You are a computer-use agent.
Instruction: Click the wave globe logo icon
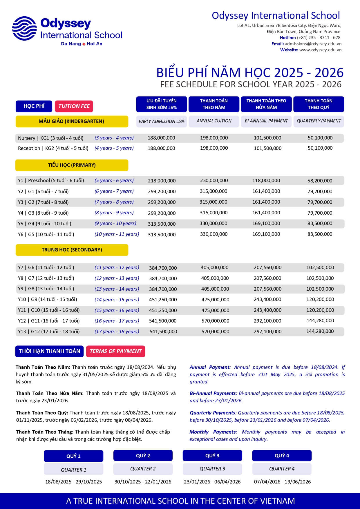pos(24,28)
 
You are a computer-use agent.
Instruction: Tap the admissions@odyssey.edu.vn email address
pos(313,44)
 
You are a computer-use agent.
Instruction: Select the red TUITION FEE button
pos(74,106)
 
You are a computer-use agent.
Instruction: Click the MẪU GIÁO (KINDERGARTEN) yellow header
pos(72,121)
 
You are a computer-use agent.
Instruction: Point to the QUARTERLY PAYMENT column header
pos(319,121)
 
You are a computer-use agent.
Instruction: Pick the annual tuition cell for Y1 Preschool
pos(214,180)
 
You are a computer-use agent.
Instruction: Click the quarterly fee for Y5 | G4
pos(320,224)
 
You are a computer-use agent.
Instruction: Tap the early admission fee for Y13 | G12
pos(163,332)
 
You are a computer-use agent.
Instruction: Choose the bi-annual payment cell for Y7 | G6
pos(267,267)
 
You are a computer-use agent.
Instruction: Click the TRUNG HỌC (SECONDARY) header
pos(72,250)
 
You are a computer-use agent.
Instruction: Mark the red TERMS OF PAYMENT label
pos(115,351)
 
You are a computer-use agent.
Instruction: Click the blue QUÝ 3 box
pos(212,456)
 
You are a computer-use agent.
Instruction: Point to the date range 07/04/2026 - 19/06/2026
pos(282,482)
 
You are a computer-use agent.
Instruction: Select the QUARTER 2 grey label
pos(143,469)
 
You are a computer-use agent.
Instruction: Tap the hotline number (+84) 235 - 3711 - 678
pos(319,38)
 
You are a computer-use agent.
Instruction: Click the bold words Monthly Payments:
pos(213,432)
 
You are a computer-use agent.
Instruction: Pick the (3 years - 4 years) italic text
pos(114,138)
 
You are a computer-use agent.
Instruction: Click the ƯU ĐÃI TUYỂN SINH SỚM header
pos(162,104)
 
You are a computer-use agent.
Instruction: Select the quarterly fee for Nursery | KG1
pos(320,138)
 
